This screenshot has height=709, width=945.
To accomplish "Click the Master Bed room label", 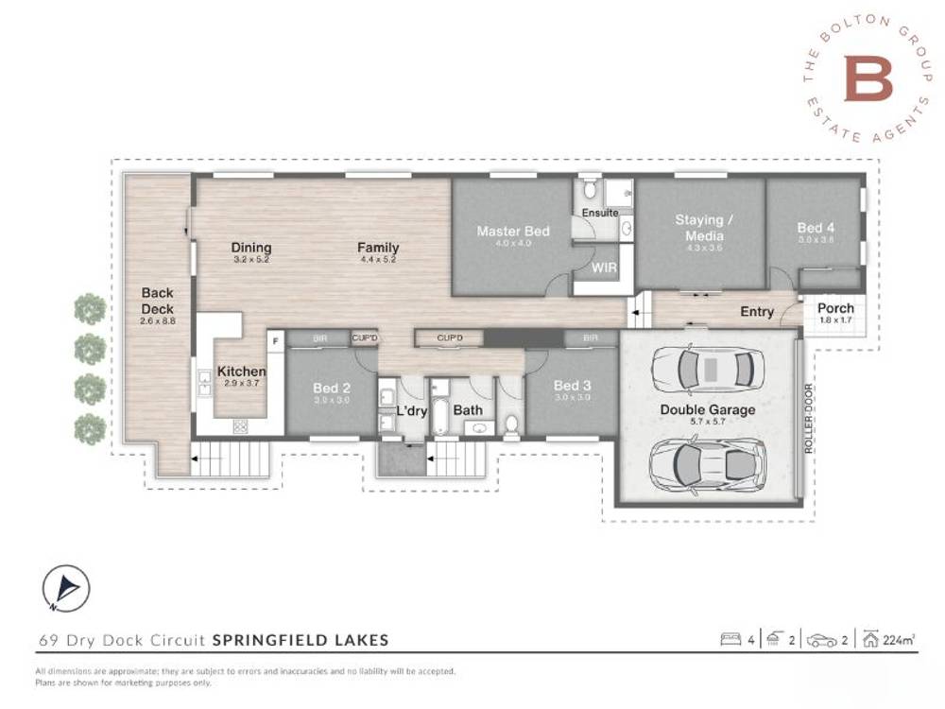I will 512,231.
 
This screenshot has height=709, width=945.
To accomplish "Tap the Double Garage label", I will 708,409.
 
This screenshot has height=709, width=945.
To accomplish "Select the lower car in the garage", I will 707,463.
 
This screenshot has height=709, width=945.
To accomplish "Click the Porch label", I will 835,308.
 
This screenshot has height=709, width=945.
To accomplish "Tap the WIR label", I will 604,268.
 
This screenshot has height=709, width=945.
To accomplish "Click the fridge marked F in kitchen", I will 276,338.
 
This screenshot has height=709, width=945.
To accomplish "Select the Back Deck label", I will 158,301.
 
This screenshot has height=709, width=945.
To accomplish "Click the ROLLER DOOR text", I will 809,419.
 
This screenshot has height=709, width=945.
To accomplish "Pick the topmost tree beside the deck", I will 90,308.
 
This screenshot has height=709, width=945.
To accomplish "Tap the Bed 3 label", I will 572,385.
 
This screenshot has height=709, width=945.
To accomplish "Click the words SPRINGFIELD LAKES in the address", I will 301,640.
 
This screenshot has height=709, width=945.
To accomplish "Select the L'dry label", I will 412,411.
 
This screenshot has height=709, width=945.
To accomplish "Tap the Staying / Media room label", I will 699,227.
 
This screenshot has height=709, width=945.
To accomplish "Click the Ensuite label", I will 600,213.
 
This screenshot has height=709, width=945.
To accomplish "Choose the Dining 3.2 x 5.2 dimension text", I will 250,259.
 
